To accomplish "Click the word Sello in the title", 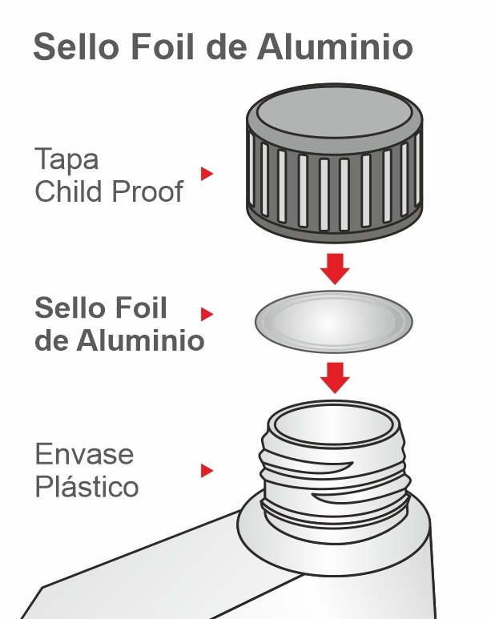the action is (76, 46).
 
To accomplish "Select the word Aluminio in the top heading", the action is (335, 46).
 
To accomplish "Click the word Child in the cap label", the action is (70, 191).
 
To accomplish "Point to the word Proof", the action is (147, 192).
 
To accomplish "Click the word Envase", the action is (85, 454).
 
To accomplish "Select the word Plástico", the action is (87, 486).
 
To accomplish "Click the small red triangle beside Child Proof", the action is (207, 174).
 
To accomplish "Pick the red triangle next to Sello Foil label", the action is (207, 314).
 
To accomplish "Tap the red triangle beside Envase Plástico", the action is (207, 471).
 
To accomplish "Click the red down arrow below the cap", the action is (335, 269).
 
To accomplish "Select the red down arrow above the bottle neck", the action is (335, 378).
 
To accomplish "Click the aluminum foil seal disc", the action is (334, 322).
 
